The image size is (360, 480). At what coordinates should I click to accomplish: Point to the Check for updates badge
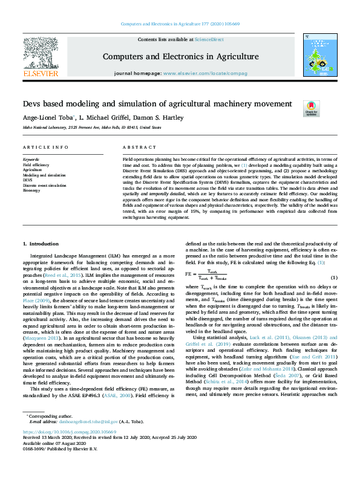311,109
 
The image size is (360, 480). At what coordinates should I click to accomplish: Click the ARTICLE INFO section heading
45,148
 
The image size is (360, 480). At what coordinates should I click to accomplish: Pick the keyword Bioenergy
33,190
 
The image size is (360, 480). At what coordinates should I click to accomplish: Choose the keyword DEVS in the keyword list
28,180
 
